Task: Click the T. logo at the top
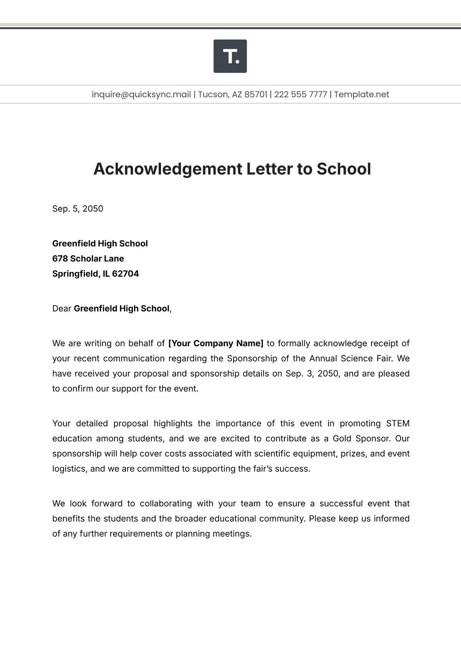230,56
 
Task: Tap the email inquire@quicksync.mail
141,94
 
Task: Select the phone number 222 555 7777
300,94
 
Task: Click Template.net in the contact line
362,94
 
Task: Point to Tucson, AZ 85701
232,94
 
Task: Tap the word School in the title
343,169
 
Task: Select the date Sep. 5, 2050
78,209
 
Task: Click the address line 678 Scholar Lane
88,259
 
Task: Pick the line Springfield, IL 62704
95,274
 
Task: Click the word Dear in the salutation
61,309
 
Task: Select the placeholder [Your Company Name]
216,343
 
